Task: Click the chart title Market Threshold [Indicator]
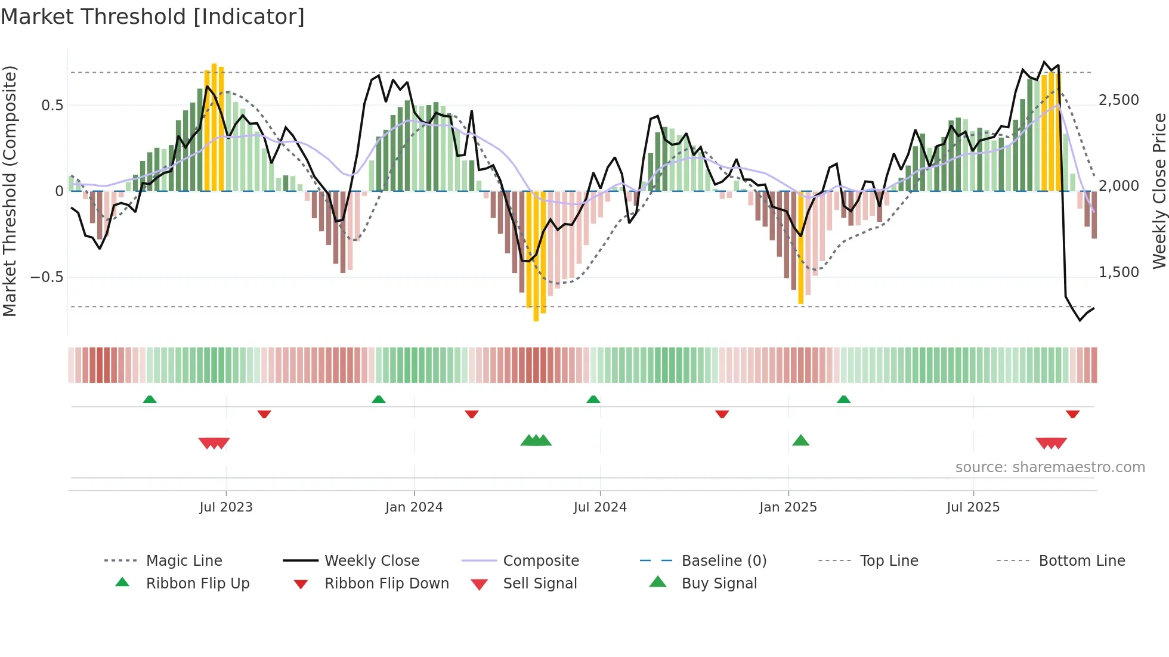[153, 17]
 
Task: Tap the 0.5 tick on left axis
[52, 106]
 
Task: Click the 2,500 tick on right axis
[1118, 100]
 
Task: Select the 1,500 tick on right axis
[1118, 272]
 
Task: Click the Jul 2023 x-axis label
[226, 507]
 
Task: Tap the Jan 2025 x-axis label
[788, 507]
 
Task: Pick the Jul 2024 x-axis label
[600, 507]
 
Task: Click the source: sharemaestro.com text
[1050, 467]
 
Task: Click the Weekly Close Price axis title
[1159, 191]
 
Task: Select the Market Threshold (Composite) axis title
[10, 191]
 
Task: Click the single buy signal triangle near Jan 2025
[800, 441]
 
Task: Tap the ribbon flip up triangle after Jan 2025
[843, 399]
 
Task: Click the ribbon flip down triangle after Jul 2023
[264, 414]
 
